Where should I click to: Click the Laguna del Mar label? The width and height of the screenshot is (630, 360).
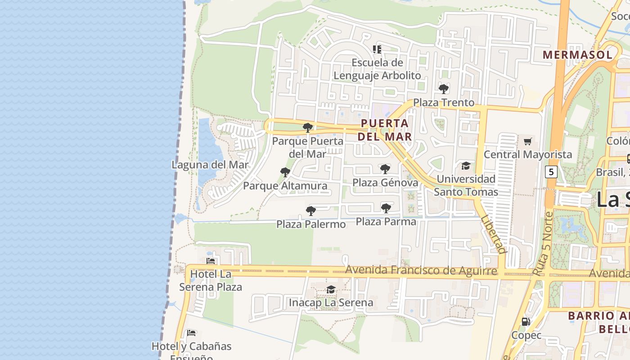click(x=210, y=165)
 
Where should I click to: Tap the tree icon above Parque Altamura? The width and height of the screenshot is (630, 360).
click(x=285, y=172)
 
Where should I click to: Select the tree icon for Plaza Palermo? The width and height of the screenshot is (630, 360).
click(x=310, y=211)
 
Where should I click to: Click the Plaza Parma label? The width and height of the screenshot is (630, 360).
click(x=386, y=221)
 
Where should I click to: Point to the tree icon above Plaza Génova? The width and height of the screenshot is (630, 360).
click(x=385, y=169)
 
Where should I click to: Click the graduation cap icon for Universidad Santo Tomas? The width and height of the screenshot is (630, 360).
click(x=466, y=166)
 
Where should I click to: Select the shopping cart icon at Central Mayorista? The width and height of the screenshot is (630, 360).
click(x=528, y=141)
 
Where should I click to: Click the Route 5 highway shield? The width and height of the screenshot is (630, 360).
click(x=551, y=171)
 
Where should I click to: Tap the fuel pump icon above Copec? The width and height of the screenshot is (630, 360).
click(x=526, y=322)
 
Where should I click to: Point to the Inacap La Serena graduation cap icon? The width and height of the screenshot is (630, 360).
click(x=331, y=289)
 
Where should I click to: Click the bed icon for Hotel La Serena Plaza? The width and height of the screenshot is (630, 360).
click(x=210, y=261)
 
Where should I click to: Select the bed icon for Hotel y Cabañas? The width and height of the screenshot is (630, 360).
click(x=191, y=333)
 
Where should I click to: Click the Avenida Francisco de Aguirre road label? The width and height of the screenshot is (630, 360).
click(x=421, y=270)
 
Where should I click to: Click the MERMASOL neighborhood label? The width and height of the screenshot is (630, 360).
click(x=577, y=55)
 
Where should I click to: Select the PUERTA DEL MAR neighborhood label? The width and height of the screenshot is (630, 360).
click(x=385, y=130)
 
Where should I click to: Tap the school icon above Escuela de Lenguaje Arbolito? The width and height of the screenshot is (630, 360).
click(x=377, y=49)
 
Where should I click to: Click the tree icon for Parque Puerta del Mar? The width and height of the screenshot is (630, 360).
click(x=308, y=128)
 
